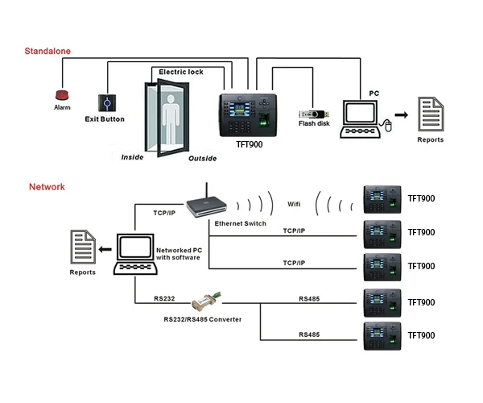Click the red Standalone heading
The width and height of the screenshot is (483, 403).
point(47,52)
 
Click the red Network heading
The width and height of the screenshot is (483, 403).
point(47,187)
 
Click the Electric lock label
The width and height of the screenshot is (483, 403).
point(180,72)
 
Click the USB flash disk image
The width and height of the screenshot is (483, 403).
point(312,114)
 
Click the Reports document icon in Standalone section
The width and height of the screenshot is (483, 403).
point(430,115)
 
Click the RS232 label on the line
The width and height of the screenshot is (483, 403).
point(164,298)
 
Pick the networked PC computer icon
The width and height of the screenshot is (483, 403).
point(132,256)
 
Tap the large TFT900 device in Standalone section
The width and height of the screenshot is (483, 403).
point(249,113)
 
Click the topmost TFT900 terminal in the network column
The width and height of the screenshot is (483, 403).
point(381,199)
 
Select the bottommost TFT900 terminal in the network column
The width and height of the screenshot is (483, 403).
point(381,335)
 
